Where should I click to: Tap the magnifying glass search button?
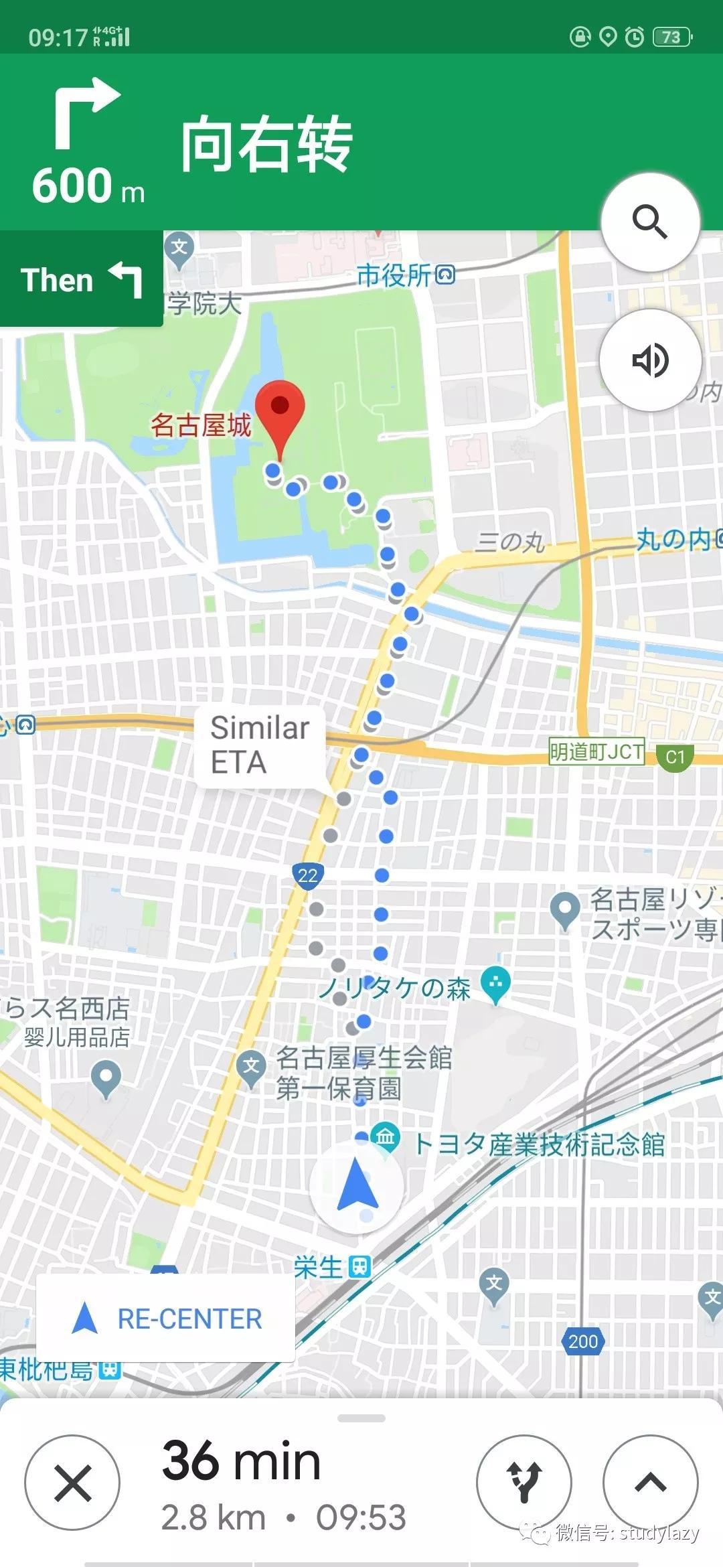[650, 222]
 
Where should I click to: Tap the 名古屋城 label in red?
[201, 425]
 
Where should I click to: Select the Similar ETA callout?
[260, 745]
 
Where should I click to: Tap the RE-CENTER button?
[165, 1319]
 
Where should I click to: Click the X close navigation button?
[72, 1482]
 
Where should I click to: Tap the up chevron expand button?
[650, 1482]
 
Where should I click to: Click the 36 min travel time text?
[241, 1460]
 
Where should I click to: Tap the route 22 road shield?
[308, 875]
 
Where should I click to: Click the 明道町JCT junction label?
[596, 752]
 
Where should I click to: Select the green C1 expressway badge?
[675, 757]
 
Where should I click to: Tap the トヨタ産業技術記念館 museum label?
[539, 1144]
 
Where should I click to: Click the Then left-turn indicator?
[81, 279]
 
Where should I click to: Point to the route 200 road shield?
[583, 1341]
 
